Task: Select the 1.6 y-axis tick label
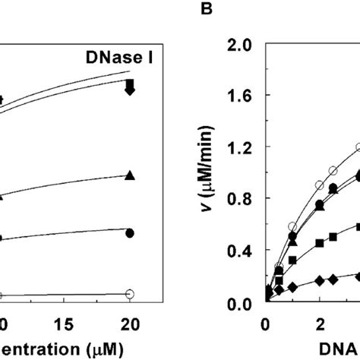(x=238, y=96)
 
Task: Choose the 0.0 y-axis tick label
(x=238, y=303)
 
